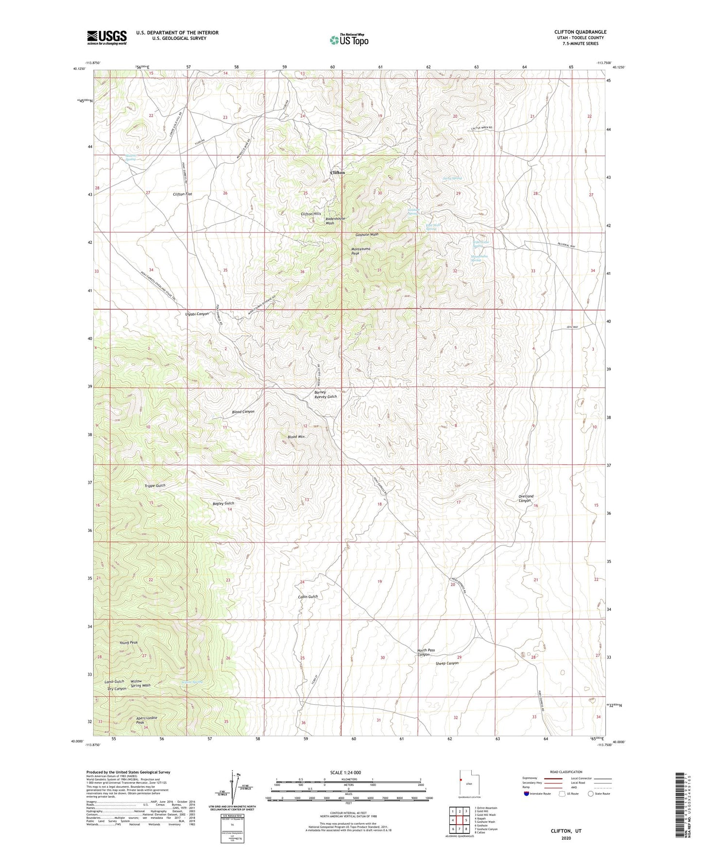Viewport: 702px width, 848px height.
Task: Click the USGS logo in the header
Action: pyautogui.click(x=107, y=37)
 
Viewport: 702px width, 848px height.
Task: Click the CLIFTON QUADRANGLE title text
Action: pyautogui.click(x=580, y=32)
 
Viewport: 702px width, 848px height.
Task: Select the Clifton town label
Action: pyautogui.click(x=337, y=172)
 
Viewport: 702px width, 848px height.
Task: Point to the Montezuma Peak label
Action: pyautogui.click(x=362, y=251)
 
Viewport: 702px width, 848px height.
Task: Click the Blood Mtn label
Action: pyautogui.click(x=296, y=437)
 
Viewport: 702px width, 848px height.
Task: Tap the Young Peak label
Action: pyautogui.click(x=129, y=643)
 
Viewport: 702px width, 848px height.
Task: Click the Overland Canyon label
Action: pyautogui.click(x=526, y=498)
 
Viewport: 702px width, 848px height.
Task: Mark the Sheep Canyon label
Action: pyautogui.click(x=446, y=663)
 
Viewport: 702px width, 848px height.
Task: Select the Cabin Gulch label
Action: pyautogui.click(x=308, y=596)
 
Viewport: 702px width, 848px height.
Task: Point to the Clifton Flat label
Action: pyautogui.click(x=183, y=194)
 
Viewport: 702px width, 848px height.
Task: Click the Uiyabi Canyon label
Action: pyautogui.click(x=197, y=314)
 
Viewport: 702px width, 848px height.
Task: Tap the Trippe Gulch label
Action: pyautogui.click(x=155, y=486)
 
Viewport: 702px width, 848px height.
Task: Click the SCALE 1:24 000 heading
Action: pyautogui.click(x=345, y=772)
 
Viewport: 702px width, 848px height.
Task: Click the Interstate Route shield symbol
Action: pyautogui.click(x=526, y=794)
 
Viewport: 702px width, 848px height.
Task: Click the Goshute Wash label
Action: pyautogui.click(x=367, y=235)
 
